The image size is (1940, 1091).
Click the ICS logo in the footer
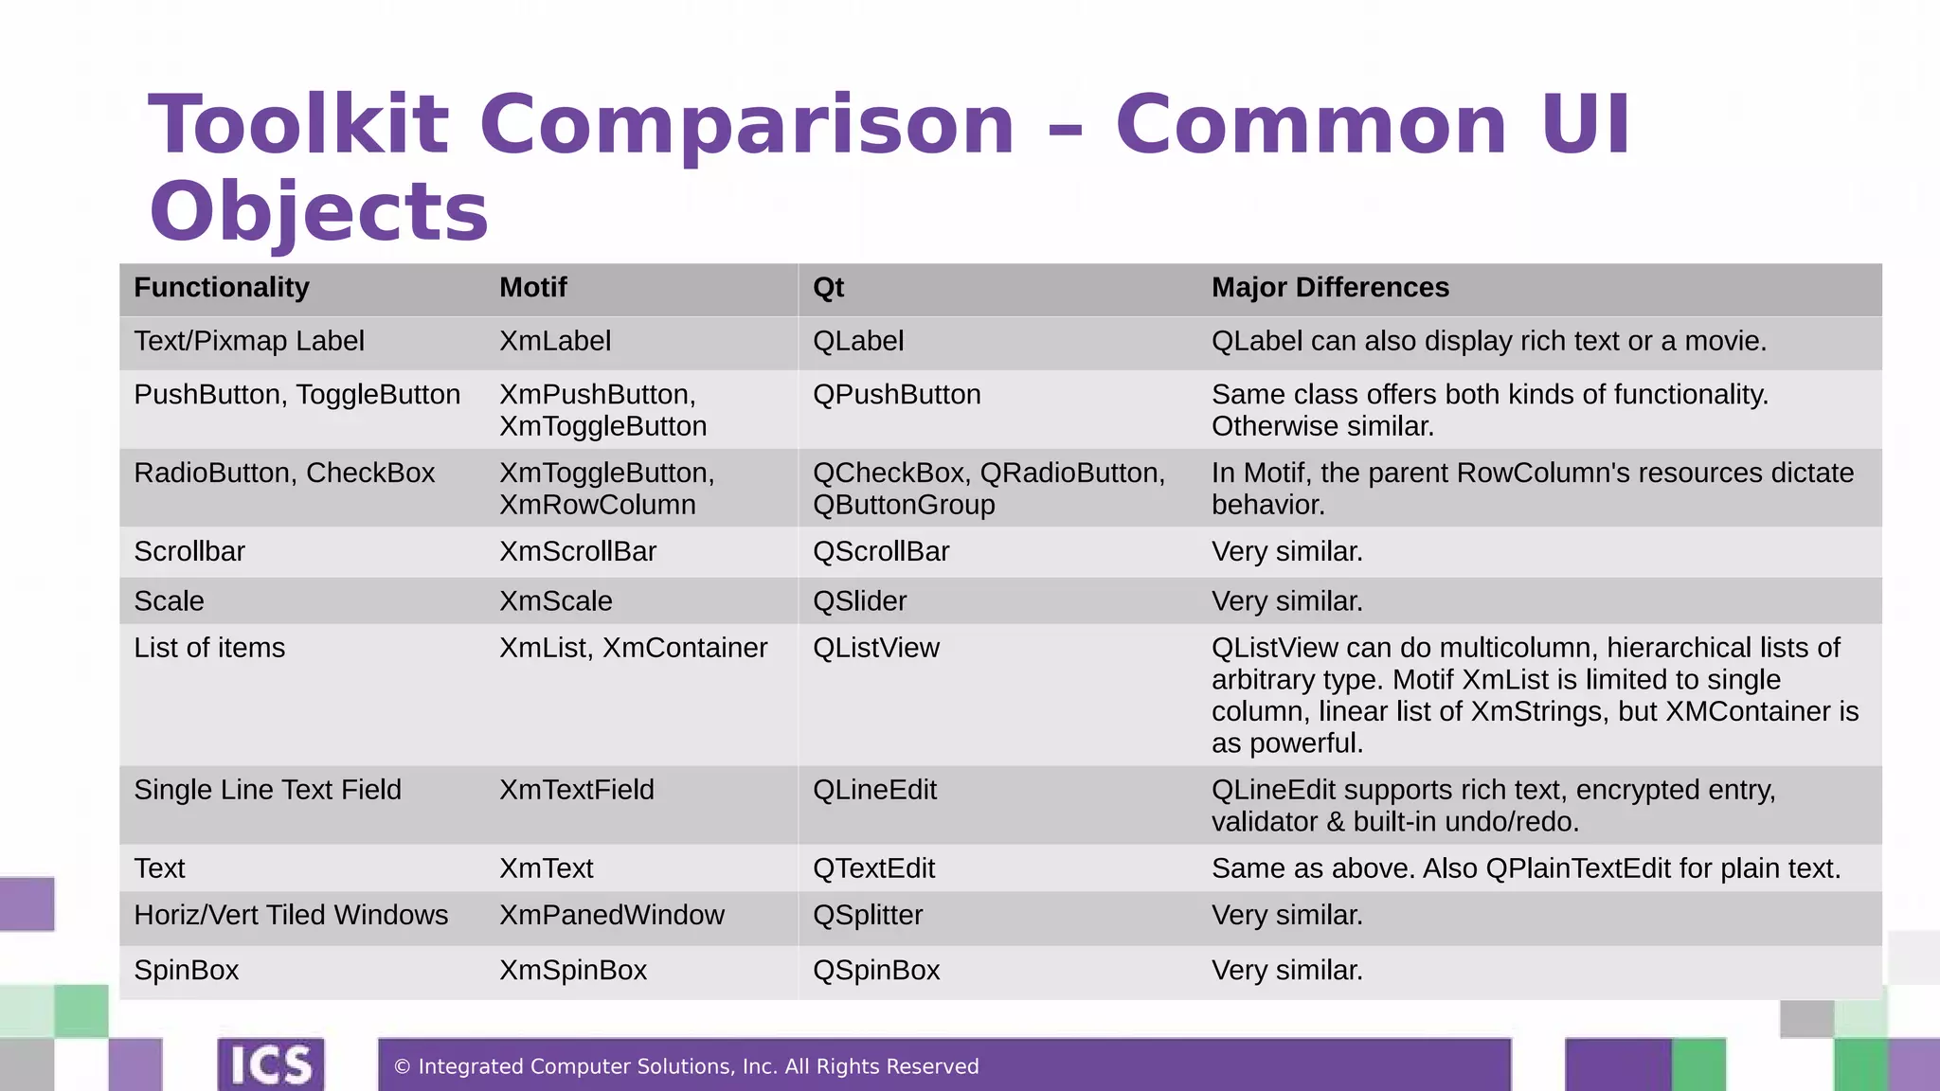coord(271,1064)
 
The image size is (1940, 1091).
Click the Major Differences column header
coord(1330,288)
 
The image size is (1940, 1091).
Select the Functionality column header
coord(222,288)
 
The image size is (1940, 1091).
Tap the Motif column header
coord(533,288)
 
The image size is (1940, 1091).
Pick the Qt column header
coord(828,288)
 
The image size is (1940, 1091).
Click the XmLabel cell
coord(555,341)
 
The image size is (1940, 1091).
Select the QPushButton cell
coord(896,395)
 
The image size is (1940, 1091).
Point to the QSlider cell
coord(859,601)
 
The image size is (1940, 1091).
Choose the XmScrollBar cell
coord(578,551)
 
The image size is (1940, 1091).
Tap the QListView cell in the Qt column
coord(876,648)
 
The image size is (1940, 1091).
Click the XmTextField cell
coord(577,790)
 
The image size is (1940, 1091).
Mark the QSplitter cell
coord(868,916)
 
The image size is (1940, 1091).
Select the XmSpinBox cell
coord(573,971)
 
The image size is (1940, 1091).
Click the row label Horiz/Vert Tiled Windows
coord(291,916)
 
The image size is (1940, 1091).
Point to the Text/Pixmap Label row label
coord(249,341)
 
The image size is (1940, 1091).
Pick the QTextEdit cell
coord(873,868)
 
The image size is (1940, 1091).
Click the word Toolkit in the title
coord(298,125)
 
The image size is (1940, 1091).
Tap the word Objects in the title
coord(319,212)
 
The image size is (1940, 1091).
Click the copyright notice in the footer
coord(686,1067)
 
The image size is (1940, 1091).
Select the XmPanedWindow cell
coord(612,916)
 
